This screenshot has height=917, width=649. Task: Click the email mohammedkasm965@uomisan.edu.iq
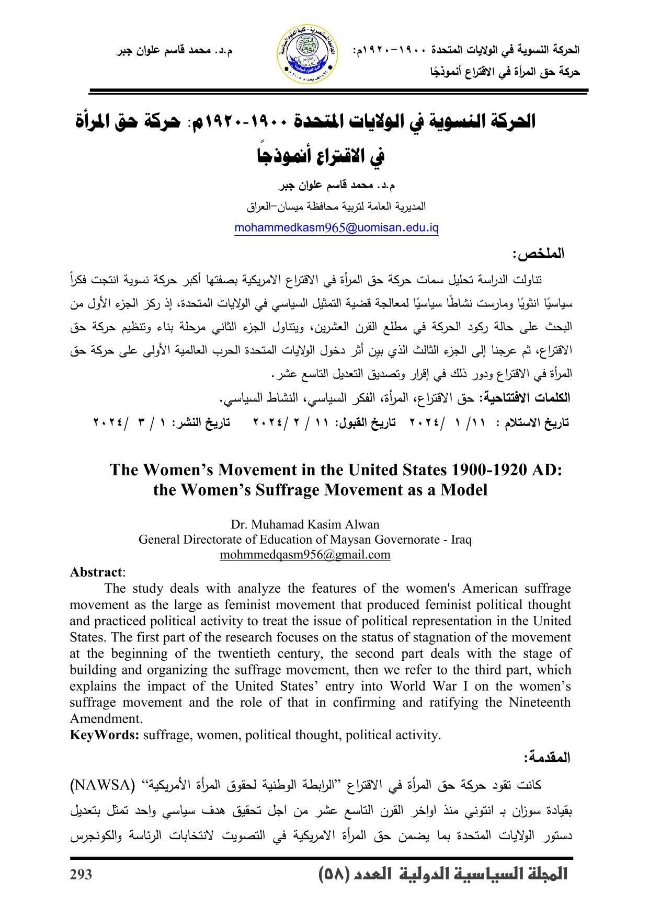[x=336, y=228]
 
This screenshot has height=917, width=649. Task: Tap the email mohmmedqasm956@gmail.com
[x=305, y=555]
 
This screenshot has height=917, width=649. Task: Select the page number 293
[x=81, y=874]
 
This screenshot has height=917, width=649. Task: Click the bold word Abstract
[x=96, y=572]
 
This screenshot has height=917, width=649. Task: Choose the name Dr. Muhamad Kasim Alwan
[x=305, y=524]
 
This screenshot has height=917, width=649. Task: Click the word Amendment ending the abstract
[x=106, y=718]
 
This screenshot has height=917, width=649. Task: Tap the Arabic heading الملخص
[x=539, y=254]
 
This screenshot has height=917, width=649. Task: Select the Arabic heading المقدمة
[x=547, y=758]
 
